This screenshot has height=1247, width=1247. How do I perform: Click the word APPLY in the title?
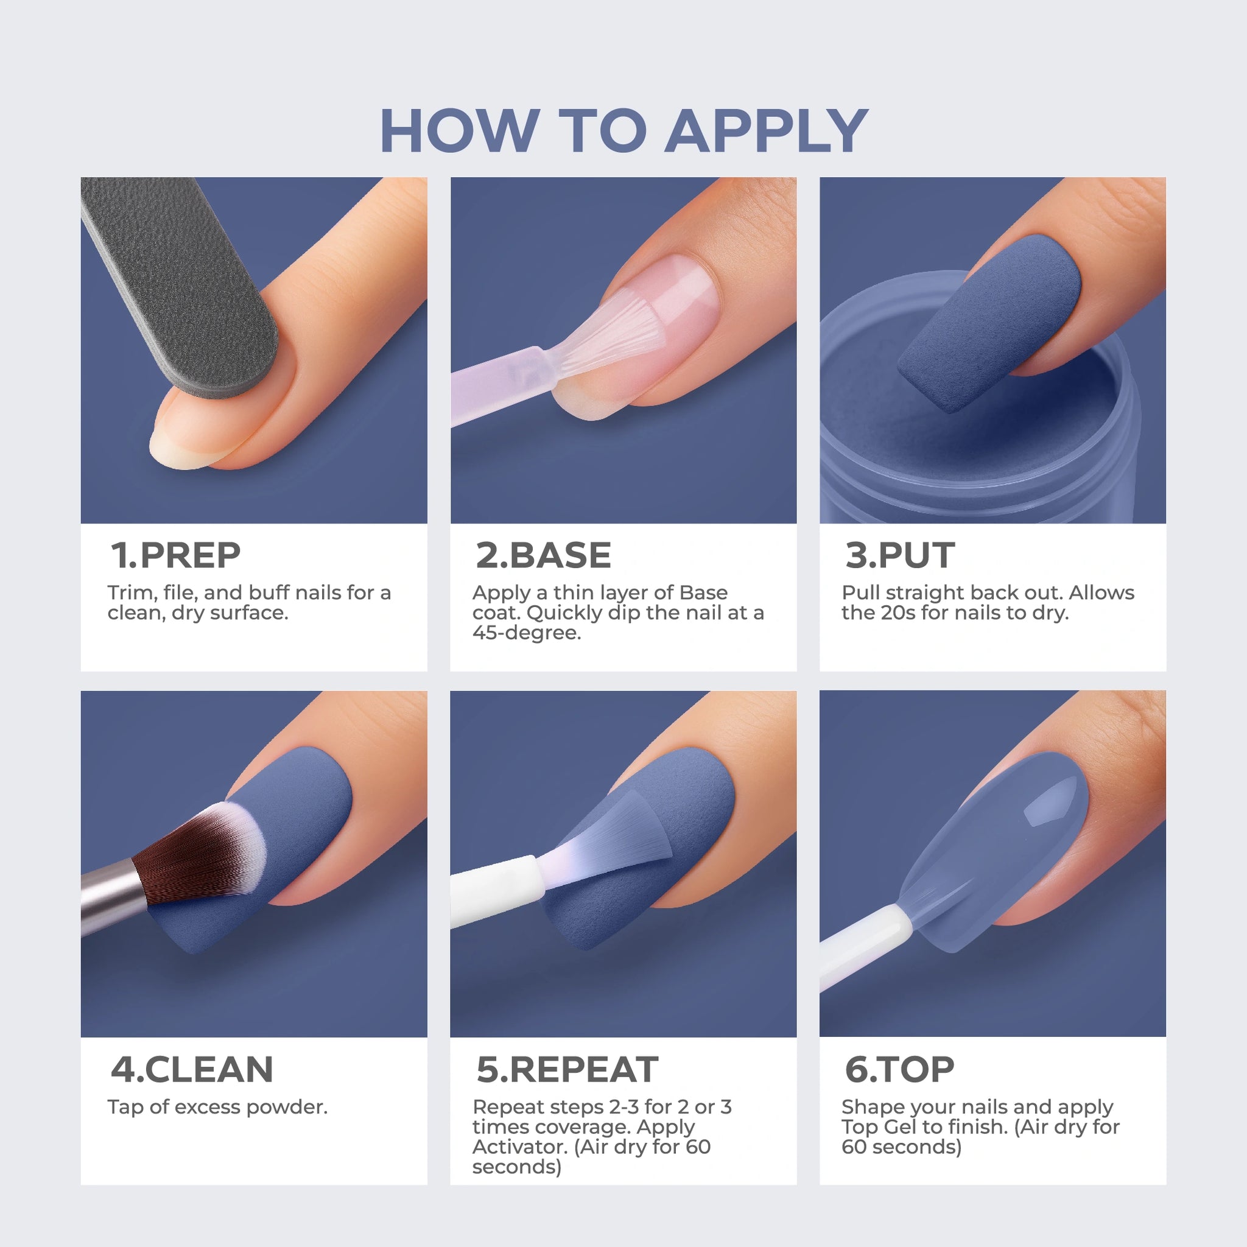[x=766, y=130]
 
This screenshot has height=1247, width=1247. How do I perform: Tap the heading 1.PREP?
[x=175, y=555]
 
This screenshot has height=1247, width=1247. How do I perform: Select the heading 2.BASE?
[x=544, y=555]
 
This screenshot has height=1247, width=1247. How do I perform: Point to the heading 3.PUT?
[x=900, y=555]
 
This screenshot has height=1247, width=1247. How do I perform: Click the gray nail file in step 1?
[x=181, y=284]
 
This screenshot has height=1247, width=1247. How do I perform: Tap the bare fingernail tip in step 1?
[x=174, y=445]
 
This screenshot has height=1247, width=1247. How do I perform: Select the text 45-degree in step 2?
[x=527, y=633]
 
